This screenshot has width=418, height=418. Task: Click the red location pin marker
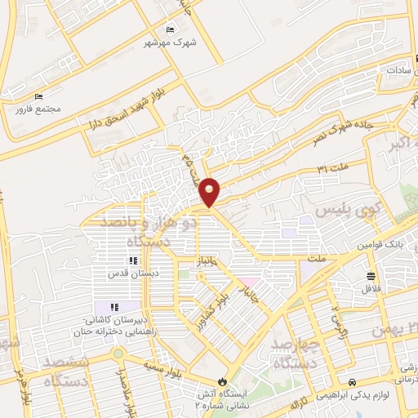210,192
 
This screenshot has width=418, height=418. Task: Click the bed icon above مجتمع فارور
38,97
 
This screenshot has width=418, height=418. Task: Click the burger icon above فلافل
371,275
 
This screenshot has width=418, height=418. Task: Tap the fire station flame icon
224,381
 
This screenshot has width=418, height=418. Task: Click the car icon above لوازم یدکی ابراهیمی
352,382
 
